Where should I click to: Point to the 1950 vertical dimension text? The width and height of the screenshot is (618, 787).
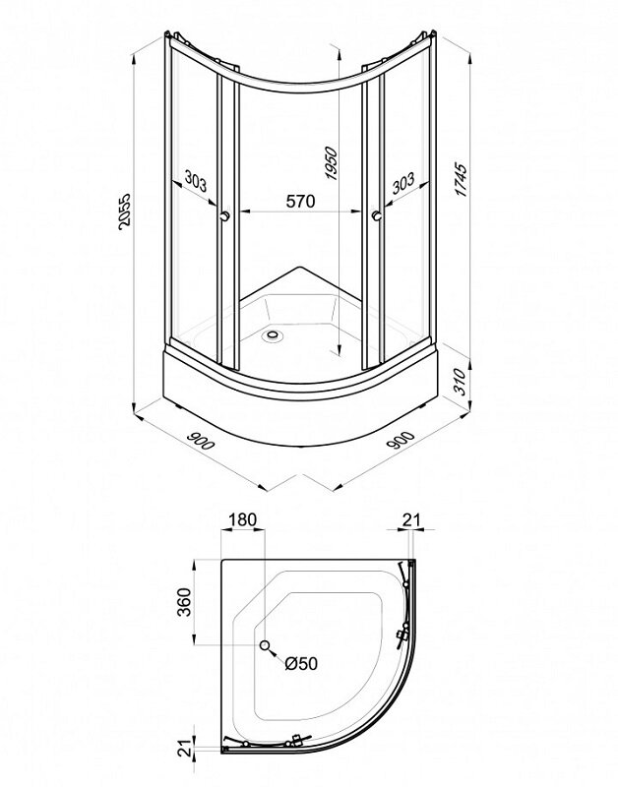coord(331,162)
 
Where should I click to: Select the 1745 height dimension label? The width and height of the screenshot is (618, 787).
coord(461,180)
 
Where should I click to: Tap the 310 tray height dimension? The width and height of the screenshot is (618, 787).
coord(460,382)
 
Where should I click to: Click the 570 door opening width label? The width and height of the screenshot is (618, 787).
coord(301,201)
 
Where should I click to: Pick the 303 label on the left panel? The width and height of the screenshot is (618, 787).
coord(195,181)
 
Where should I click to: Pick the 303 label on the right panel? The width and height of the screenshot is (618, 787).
coord(403,183)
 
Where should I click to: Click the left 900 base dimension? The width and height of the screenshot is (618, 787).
coord(201,440)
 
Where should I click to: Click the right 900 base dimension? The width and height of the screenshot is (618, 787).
coord(402,440)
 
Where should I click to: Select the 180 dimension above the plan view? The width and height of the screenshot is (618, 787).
coord(242,519)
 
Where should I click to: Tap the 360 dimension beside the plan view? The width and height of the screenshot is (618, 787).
coord(184,602)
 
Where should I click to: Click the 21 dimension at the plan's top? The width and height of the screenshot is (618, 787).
coord(410,519)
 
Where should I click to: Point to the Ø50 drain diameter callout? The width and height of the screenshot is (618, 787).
coord(301,663)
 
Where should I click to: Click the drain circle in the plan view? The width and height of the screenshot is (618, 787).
coord(265,645)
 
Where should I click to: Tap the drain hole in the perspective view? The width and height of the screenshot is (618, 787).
coord(275,333)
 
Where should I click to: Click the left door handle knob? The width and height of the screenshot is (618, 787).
coord(226,215)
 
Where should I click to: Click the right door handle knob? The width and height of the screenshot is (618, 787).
coord(377,215)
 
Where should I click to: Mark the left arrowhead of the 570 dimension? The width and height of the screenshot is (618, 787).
coord(243,212)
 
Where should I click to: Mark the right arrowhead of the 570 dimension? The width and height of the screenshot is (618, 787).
coord(358,212)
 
